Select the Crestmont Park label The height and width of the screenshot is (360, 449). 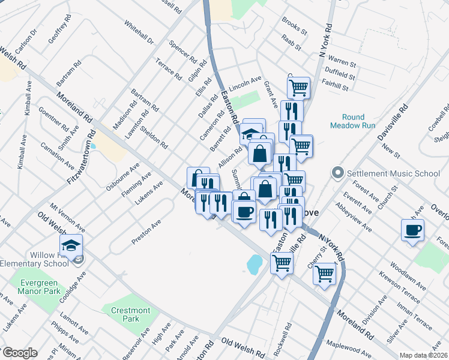(131, 314)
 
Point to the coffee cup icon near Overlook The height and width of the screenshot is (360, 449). (412, 230)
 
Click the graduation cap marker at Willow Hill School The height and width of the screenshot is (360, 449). (71, 246)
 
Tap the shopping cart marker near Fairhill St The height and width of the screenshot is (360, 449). (298, 88)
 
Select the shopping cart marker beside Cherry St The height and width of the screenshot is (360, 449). (324, 274)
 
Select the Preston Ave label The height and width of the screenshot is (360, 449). (147, 232)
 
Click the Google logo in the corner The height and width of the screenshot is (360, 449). (19, 353)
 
